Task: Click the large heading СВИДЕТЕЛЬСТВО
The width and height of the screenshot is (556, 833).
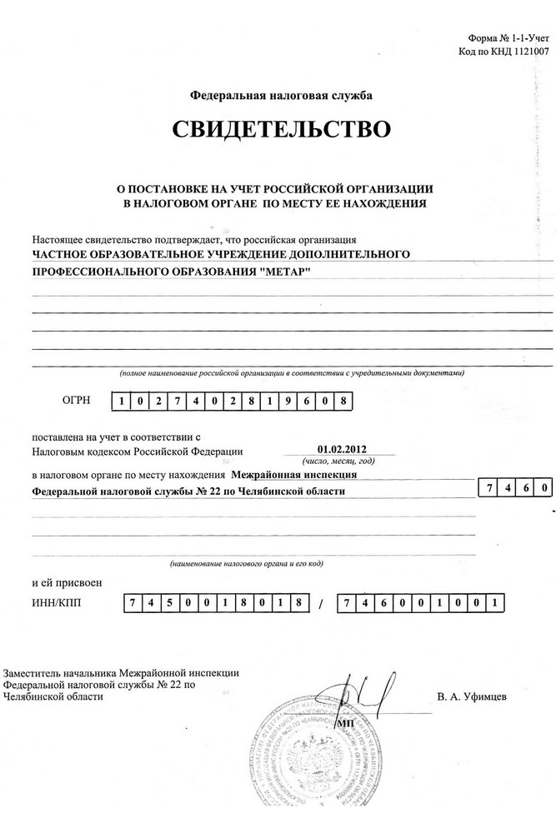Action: (281, 130)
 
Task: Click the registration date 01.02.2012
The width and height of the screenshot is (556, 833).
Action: (342, 448)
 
